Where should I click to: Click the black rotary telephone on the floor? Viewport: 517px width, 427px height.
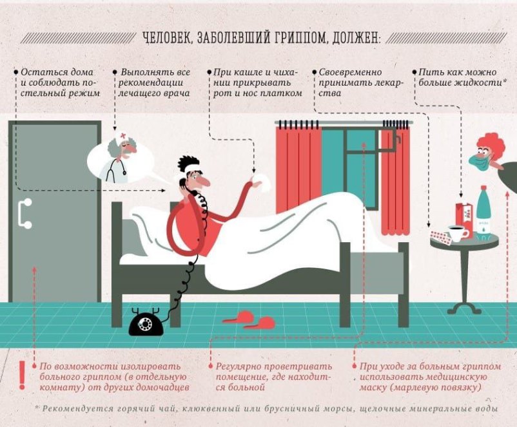(x=146, y=321)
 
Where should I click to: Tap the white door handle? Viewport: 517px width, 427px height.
(x=24, y=214)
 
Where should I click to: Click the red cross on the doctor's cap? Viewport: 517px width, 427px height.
(x=123, y=135)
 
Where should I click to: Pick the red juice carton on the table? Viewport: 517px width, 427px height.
(x=465, y=218)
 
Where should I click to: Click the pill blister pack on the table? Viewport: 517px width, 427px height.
(x=440, y=237)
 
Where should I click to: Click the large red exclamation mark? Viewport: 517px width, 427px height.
(x=22, y=375)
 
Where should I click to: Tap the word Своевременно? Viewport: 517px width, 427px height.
(x=350, y=72)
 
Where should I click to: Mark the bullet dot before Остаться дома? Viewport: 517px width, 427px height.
(x=15, y=71)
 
